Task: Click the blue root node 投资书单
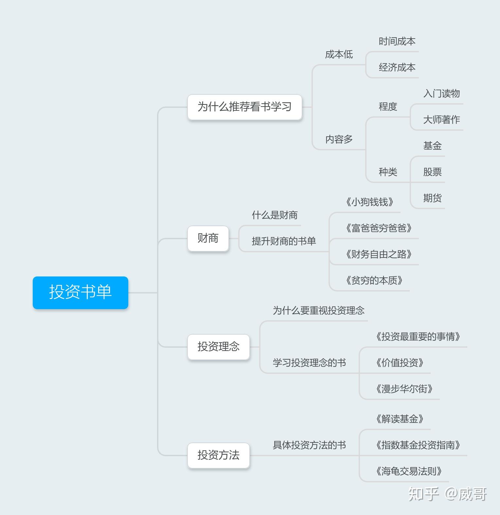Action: click(80, 292)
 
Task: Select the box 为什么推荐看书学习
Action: click(245, 107)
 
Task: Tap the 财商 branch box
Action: click(208, 238)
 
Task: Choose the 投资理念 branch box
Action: click(219, 347)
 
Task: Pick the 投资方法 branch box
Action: click(219, 455)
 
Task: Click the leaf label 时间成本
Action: click(397, 42)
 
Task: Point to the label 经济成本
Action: click(397, 68)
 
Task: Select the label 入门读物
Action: click(441, 94)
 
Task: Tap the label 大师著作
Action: click(441, 120)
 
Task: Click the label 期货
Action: click(432, 198)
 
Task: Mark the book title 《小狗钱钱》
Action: click(370, 202)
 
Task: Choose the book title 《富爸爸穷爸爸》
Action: click(379, 228)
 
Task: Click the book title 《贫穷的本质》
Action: click(374, 280)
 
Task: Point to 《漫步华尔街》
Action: click(404, 389)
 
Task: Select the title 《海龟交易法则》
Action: click(409, 471)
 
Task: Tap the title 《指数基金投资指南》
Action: click(418, 445)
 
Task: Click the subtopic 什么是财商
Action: click(275, 215)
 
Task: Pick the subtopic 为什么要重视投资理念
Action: click(318, 311)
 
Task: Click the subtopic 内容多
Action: click(339, 140)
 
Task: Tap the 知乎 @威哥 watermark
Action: click(447, 494)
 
